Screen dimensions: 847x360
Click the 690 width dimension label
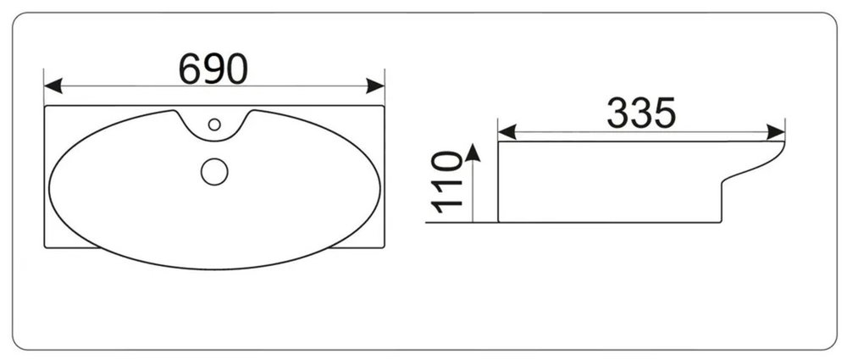tap(213, 69)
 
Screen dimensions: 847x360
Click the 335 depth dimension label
tap(641, 113)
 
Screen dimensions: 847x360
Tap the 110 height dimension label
tap(446, 182)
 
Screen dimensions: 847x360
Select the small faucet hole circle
tap(214, 125)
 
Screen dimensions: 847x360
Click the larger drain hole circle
tap(214, 172)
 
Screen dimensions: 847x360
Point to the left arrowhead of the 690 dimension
tap(53, 86)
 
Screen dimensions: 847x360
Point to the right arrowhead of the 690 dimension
tap(375, 86)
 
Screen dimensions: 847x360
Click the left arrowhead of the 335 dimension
tap(507, 132)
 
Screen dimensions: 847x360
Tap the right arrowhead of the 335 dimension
tap(776, 132)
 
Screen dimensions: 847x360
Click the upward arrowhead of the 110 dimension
tap(473, 152)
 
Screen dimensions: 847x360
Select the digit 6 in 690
tap(190, 69)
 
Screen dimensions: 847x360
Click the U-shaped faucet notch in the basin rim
tap(214, 136)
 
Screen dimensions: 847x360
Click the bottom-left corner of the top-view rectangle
tap(45, 247)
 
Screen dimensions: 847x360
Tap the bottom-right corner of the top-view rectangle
tap(384, 247)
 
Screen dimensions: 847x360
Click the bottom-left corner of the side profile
tap(498, 222)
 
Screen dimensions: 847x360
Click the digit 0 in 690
tap(237, 69)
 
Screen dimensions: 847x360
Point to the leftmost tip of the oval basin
tap(49, 188)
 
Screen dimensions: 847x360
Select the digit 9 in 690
tap(213, 69)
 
